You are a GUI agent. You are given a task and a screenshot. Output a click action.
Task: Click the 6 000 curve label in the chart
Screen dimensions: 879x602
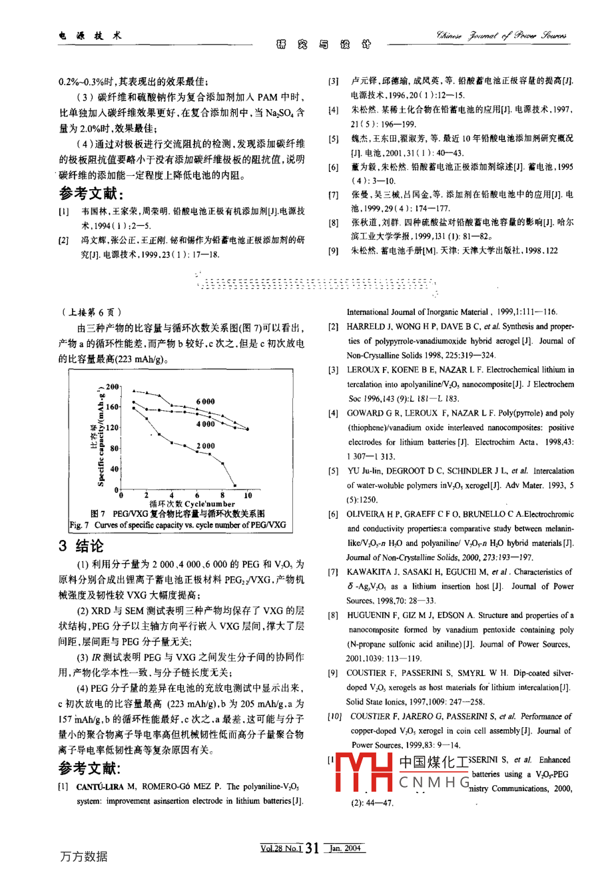click(205, 402)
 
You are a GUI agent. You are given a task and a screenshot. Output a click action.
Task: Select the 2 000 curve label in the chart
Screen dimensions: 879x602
click(205, 446)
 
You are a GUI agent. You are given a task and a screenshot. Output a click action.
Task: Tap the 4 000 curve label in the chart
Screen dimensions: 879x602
click(205, 424)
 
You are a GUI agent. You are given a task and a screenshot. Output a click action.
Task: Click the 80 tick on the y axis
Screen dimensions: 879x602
click(114, 448)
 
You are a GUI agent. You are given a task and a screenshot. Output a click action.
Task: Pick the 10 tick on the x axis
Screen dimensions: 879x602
click(248, 495)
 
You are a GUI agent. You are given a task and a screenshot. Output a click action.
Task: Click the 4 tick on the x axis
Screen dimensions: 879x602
click(172, 495)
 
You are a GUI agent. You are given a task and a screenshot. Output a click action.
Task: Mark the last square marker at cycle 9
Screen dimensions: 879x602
click(235, 485)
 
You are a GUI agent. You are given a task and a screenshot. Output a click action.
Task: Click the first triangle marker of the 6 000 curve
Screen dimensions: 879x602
click(134, 390)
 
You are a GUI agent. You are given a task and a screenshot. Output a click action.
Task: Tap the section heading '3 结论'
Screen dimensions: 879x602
click(81, 546)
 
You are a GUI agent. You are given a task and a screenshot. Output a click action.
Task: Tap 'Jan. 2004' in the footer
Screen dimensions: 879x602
click(346, 848)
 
